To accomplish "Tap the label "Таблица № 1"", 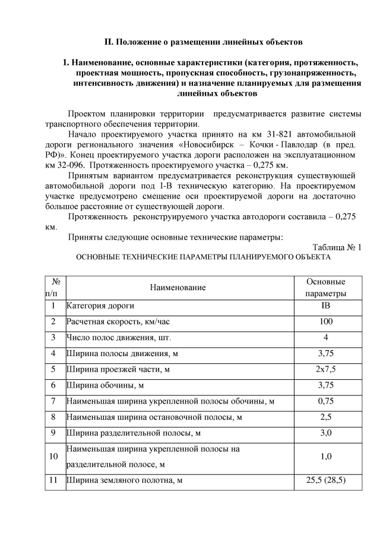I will click(336, 247).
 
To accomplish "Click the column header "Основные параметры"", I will click(325, 287).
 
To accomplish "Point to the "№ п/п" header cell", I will click(55, 287).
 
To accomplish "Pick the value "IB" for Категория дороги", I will click(325, 306).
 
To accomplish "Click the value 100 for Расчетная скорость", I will click(325, 322).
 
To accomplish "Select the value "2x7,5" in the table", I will click(325, 369).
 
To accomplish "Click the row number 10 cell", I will click(55, 457).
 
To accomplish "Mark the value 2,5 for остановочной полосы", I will click(325, 417).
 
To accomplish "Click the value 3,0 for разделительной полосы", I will click(325, 433).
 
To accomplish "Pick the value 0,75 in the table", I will click(325, 401).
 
